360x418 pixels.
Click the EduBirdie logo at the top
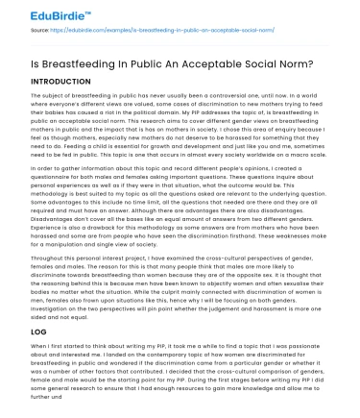click(x=39, y=12)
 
